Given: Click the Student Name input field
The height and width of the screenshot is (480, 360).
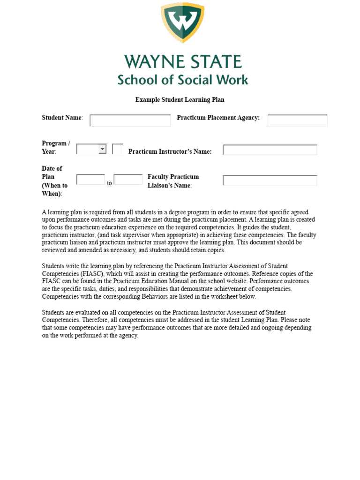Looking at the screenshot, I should pyautogui.click(x=130, y=120).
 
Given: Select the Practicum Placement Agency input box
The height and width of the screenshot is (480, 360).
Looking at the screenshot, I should pyautogui.click(x=297, y=120).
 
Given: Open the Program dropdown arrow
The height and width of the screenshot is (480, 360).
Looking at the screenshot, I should pyautogui.click(x=102, y=149).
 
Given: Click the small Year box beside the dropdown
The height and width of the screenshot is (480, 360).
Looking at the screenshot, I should pyautogui.click(x=118, y=149).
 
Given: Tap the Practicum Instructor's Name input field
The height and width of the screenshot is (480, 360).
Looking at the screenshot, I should pyautogui.click(x=270, y=150).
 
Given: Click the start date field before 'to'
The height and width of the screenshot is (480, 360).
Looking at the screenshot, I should pyautogui.click(x=90, y=180).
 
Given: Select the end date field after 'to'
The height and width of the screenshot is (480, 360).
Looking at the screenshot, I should pyautogui.click(x=128, y=180).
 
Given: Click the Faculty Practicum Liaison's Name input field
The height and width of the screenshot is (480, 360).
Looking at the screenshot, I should pyautogui.click(x=270, y=180).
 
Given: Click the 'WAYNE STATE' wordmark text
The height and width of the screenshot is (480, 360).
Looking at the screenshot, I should pyautogui.click(x=183, y=62).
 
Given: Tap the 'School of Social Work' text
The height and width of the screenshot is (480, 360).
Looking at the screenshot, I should pyautogui.click(x=183, y=80).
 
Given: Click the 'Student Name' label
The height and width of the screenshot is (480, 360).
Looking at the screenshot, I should pyautogui.click(x=62, y=118).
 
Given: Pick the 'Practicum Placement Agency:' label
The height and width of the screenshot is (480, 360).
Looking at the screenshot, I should pyautogui.click(x=218, y=118).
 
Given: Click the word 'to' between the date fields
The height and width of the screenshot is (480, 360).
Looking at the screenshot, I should pyautogui.click(x=109, y=183).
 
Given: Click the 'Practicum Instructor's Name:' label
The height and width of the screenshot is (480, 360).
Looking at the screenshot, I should pyautogui.click(x=170, y=151).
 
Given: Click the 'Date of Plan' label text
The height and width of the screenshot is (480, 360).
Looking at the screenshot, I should pyautogui.click(x=52, y=172).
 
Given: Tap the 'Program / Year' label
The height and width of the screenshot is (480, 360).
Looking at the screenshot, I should pyautogui.click(x=56, y=147).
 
